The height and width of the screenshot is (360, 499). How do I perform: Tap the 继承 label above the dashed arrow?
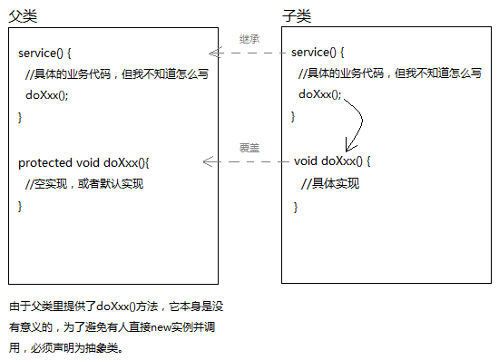(249, 40)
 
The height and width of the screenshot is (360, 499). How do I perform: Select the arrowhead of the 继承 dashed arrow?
(212, 54)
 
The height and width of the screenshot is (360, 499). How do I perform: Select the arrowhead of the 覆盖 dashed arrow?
(207, 162)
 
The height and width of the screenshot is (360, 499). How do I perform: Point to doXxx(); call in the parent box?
(47, 95)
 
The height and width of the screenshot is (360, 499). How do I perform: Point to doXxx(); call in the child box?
(320, 94)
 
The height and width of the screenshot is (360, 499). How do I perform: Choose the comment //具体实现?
(332, 184)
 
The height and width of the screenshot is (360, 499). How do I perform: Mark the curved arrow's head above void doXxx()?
(347, 148)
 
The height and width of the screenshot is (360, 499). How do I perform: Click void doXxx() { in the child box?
(333, 161)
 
